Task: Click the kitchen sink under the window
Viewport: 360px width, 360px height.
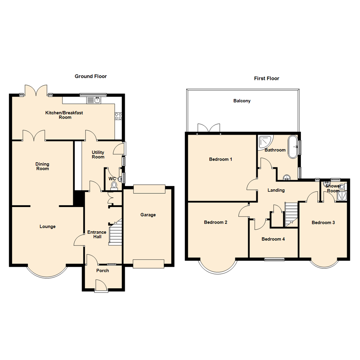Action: [x=94, y=100]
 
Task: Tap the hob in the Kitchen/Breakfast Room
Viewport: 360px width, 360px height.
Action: [x=118, y=116]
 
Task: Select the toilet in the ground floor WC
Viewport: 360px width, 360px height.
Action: [x=114, y=186]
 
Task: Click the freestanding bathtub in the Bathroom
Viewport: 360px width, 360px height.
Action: [x=293, y=147]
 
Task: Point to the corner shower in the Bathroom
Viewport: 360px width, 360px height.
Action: [x=265, y=142]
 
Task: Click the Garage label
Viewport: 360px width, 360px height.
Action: [x=148, y=215]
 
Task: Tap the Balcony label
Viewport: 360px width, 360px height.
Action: [x=242, y=101]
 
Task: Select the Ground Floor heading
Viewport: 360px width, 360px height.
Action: [x=91, y=76]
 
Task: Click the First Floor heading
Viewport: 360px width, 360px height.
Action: [x=266, y=79]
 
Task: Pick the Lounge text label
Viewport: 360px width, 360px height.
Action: [x=47, y=227]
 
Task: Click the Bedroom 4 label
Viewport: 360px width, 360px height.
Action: [x=273, y=239]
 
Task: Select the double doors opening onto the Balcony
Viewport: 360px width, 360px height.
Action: [x=209, y=128]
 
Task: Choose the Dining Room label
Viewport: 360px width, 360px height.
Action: [x=43, y=166]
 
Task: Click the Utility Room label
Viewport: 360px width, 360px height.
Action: [x=98, y=154]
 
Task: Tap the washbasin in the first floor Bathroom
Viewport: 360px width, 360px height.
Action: [x=287, y=178]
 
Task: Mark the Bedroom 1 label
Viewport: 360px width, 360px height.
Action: [x=220, y=159]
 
